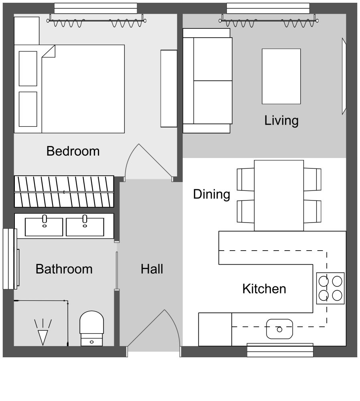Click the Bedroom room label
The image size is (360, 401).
pos(73,151)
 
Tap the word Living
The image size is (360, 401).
pos(281,120)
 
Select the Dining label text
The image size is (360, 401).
pos(211,194)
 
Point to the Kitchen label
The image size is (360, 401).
pos(264,289)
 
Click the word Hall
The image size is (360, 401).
pos(152,269)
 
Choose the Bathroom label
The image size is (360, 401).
pos(64,269)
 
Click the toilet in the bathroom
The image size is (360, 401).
pos(92,327)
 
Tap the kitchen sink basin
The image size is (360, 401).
pos(279,329)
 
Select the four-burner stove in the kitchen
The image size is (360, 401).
pos(330,288)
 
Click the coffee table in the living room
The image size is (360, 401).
pos(281,76)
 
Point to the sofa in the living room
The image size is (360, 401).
pos(208,80)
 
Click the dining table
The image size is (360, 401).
pos(279,195)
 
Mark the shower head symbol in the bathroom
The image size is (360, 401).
pos(42,333)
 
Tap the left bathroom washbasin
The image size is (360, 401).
pos(44,227)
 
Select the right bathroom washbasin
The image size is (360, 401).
pos(85,227)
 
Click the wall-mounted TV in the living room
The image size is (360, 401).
pos(344,76)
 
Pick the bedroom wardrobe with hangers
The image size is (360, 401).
pos(64,192)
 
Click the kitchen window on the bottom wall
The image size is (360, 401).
pos(280,350)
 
